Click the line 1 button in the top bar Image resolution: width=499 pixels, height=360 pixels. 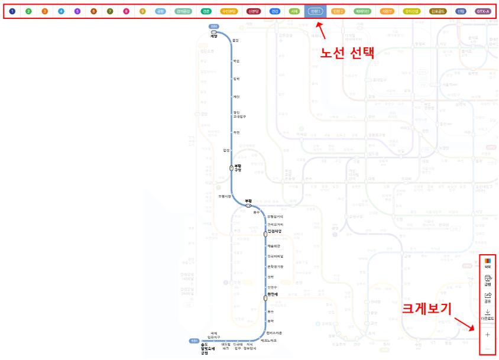(12, 11)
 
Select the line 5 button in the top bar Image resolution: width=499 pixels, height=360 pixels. (77, 11)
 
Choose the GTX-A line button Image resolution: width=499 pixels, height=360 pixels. (484, 11)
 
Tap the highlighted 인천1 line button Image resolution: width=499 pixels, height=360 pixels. (315, 11)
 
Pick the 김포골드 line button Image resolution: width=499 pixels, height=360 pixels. (439, 11)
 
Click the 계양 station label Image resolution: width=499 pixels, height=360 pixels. (213, 37)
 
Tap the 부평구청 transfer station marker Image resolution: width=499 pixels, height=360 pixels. (232, 168)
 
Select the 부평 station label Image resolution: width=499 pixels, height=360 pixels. (249, 201)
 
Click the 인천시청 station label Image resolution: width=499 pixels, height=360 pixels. (276, 231)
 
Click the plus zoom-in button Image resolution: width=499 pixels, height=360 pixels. (488, 335)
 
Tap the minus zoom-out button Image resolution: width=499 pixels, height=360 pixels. (488, 349)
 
